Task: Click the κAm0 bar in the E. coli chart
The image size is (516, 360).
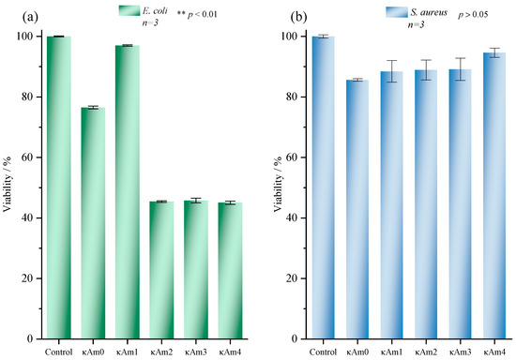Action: click(93, 223)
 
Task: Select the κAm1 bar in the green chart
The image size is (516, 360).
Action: click(128, 192)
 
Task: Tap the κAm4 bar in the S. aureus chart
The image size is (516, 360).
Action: click(494, 196)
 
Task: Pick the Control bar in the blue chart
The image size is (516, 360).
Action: click(323, 187)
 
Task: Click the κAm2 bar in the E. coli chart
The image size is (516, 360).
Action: click(161, 270)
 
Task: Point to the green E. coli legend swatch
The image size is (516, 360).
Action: click(129, 10)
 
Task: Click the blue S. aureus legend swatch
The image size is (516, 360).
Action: click(397, 12)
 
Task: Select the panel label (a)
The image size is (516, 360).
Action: click(30, 17)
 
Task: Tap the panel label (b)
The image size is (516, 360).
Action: click(298, 17)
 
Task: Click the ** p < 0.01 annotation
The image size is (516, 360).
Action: click(197, 14)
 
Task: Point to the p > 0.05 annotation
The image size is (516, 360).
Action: click(473, 14)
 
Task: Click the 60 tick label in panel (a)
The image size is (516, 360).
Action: click(26, 157)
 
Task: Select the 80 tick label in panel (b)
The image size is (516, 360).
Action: click(292, 97)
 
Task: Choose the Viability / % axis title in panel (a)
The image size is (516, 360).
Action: click(8, 184)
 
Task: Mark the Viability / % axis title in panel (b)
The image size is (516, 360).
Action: click(278, 184)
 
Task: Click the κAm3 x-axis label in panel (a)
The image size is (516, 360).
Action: click(196, 352)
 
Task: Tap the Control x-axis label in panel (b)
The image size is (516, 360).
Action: click(323, 352)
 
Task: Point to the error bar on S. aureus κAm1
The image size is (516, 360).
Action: click(391, 71)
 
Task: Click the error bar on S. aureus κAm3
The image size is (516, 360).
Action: click(460, 69)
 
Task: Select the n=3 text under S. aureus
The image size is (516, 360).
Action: click(416, 24)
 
